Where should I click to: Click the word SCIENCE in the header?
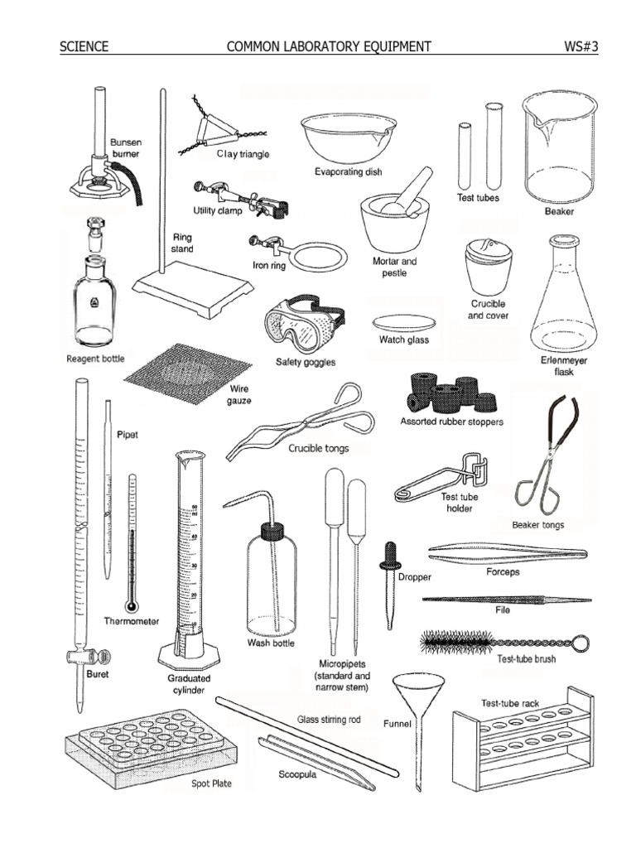click(x=84, y=46)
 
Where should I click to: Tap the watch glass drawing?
click(x=403, y=322)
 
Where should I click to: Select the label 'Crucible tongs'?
click(x=319, y=448)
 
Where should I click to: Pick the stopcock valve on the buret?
click(x=91, y=658)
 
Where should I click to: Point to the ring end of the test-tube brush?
click(x=582, y=643)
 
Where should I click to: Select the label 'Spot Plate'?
click(x=212, y=782)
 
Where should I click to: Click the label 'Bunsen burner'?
click(x=126, y=148)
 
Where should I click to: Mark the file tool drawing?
click(x=506, y=600)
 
